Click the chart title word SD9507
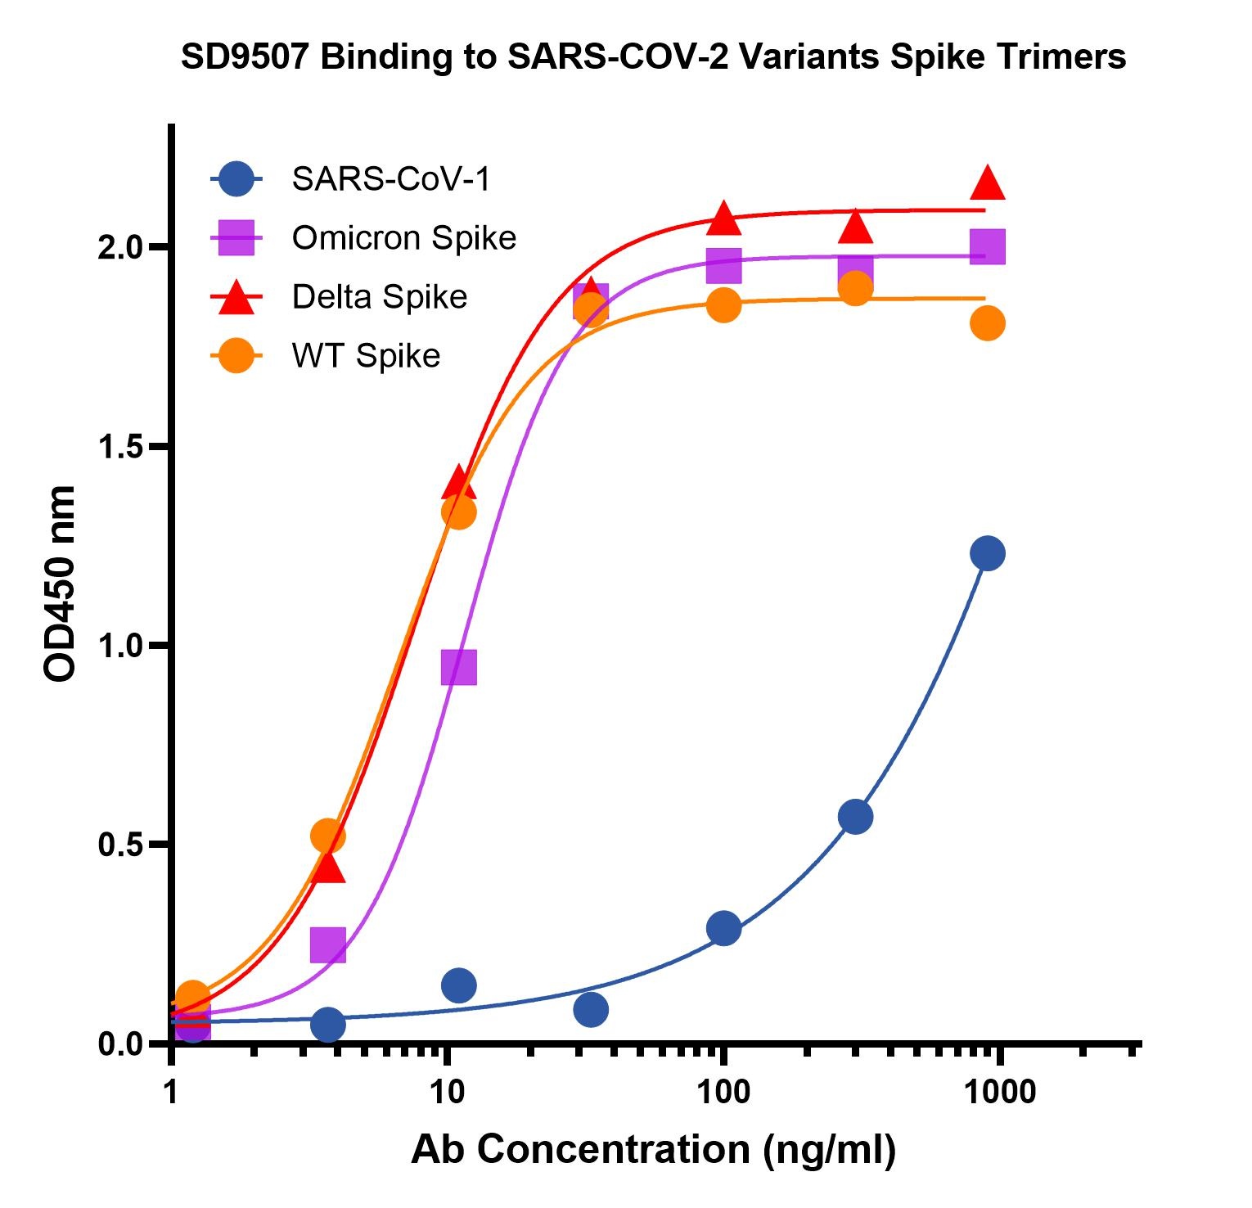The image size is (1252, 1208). pos(245,57)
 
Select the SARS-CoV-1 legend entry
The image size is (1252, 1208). pos(390,178)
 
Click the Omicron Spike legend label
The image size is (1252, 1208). pos(403,238)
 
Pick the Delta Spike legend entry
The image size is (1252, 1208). pos(379,297)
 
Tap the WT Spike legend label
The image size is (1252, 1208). pos(366,356)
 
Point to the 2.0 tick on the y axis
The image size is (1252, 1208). pos(121,247)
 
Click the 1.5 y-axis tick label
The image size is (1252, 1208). pos(121,447)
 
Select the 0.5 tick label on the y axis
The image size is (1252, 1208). pos(121,845)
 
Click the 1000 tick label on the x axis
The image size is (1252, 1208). pos(998,1092)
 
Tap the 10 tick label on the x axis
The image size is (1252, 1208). pos(446,1092)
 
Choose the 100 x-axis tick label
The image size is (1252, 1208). pos(723,1092)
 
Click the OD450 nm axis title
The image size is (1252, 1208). pos(60,584)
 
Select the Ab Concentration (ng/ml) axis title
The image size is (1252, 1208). pos(653,1149)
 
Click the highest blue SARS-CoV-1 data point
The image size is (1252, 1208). pos(988,554)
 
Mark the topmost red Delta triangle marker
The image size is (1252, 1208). pos(988,183)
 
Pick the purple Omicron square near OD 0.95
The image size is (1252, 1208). pos(458,667)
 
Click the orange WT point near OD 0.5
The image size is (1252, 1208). pos(327,836)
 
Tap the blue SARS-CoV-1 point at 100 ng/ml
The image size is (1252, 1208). pos(723,928)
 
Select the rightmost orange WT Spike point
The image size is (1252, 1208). pos(988,323)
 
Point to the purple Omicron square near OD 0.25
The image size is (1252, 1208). pos(327,945)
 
